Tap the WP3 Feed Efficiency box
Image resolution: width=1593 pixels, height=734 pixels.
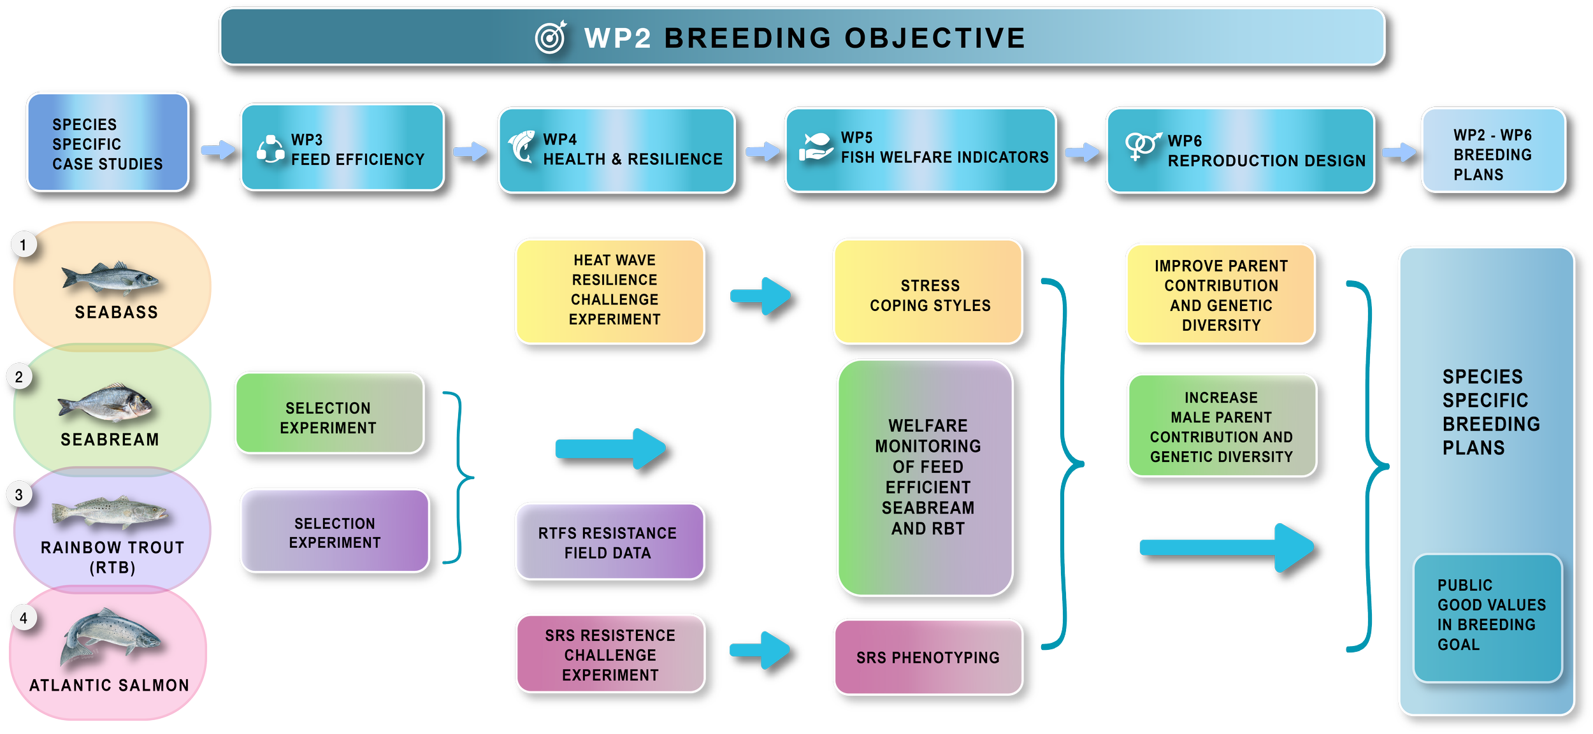click(x=342, y=148)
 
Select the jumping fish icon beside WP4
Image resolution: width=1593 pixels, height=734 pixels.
click(x=523, y=147)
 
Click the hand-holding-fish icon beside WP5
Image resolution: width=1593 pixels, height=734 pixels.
click(x=816, y=147)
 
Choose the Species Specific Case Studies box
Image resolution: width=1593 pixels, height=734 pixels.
click(x=108, y=143)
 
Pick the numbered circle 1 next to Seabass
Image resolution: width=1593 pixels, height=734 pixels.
click(x=24, y=245)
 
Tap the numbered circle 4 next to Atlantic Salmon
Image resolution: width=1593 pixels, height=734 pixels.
click(x=24, y=618)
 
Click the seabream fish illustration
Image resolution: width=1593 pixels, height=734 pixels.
click(x=105, y=403)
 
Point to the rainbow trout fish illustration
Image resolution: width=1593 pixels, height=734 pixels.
click(x=110, y=512)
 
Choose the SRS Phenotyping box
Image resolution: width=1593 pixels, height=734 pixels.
click(x=928, y=657)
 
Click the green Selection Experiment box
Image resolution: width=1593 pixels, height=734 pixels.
click(x=329, y=414)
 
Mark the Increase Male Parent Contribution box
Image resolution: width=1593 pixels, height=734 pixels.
click(x=1222, y=426)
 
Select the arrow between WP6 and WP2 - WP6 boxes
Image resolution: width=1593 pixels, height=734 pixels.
click(x=1399, y=152)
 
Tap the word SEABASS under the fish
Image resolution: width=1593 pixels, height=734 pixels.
click(x=116, y=312)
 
